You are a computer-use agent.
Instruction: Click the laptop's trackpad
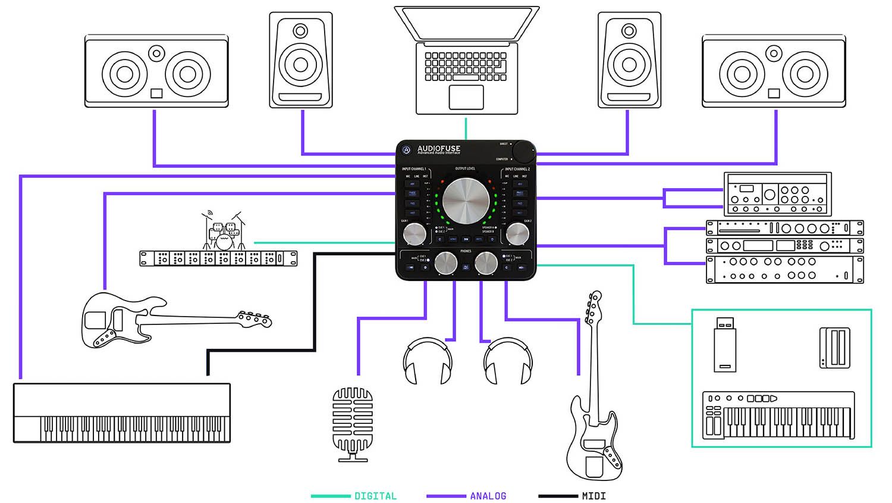[466, 97]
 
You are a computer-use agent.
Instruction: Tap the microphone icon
[353, 423]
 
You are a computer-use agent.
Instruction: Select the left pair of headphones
[428, 361]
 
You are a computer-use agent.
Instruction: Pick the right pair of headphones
[508, 361]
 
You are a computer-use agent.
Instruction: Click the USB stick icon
[724, 345]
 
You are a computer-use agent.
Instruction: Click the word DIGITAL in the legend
[375, 495]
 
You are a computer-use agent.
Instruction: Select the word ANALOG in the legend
[488, 495]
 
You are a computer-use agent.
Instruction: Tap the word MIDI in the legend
[593, 495]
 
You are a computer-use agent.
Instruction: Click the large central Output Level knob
[466, 201]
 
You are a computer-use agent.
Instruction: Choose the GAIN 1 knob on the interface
[414, 234]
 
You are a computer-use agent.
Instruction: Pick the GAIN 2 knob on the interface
[517, 234]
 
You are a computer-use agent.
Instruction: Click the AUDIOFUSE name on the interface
[439, 149]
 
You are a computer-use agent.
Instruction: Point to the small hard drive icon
[834, 347]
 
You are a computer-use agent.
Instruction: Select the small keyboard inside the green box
[778, 415]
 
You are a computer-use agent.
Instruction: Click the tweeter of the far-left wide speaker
[156, 54]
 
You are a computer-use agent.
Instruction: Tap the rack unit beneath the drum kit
[218, 258]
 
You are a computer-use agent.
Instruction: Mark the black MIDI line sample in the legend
[557, 495]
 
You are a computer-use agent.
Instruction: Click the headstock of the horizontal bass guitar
[255, 320]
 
